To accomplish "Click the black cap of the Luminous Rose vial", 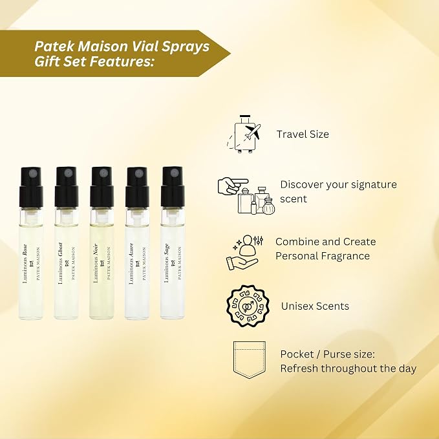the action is pyautogui.click(x=31, y=187).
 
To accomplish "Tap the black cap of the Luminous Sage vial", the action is pyautogui.click(x=173, y=187).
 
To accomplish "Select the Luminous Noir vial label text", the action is pyautogui.click(x=95, y=263).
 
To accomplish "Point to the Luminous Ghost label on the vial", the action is pyautogui.click(x=60, y=263).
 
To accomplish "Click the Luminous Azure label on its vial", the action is pyautogui.click(x=131, y=263).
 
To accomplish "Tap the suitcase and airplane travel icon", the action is pyautogui.click(x=244, y=134).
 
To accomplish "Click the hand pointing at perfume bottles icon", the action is pyautogui.click(x=246, y=196).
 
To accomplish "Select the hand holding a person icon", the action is pyautogui.click(x=244, y=253).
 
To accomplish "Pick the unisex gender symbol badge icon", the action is pyautogui.click(x=248, y=306).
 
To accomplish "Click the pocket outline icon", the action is pyautogui.click(x=249, y=360).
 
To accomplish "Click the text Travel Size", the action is pyautogui.click(x=303, y=134).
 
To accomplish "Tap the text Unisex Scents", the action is pyautogui.click(x=315, y=306).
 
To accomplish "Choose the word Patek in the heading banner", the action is pyautogui.click(x=54, y=46).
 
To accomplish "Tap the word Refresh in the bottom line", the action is pyautogui.click(x=299, y=368).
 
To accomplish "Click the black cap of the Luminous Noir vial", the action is pyautogui.click(x=102, y=187).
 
